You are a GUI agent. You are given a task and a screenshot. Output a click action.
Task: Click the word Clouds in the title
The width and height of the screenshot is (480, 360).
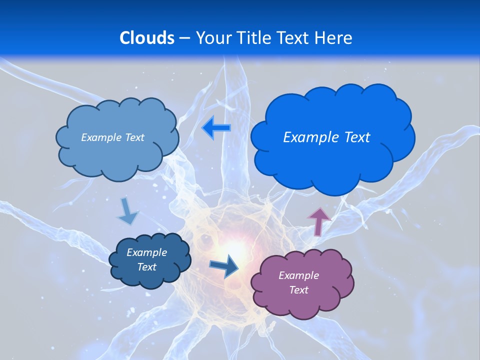147,38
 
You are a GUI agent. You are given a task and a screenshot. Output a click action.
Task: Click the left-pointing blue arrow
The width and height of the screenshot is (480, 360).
216,128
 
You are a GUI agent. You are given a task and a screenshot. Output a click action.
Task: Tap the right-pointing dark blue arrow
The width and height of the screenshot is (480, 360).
224,265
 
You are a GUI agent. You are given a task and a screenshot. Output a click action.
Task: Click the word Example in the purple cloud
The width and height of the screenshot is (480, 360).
298,275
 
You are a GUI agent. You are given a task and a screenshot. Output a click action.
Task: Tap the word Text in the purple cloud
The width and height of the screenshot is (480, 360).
298,290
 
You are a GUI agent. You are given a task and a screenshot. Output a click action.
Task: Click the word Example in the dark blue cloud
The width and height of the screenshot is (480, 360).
146,252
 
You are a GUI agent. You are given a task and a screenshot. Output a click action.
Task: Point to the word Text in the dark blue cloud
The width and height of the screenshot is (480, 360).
146,267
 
